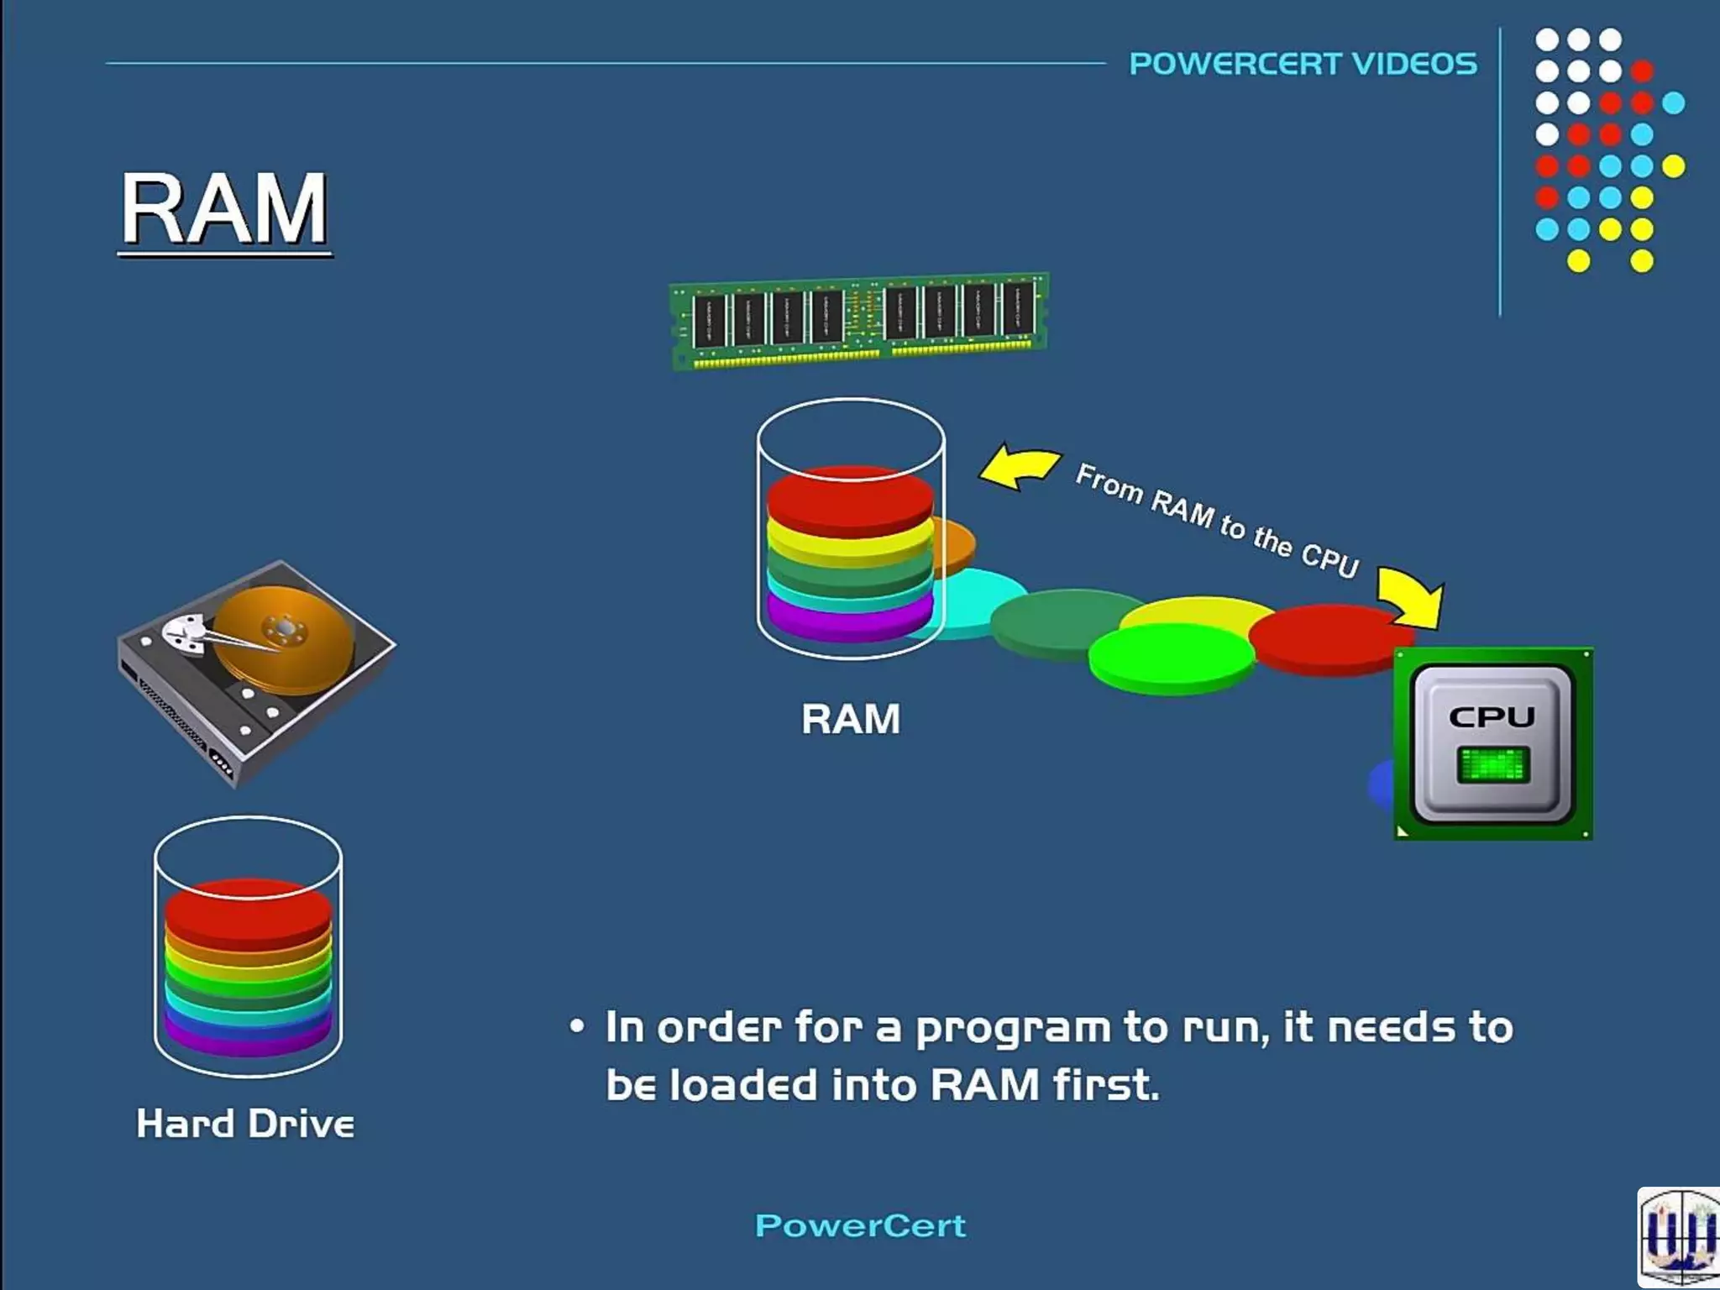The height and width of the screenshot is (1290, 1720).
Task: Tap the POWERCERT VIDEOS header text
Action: [1303, 64]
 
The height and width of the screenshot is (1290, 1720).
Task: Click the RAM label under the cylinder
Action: [850, 719]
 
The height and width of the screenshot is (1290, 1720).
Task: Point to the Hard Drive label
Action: [245, 1124]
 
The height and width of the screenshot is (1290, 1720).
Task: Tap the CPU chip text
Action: [1492, 716]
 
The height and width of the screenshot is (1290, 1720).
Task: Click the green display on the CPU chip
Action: [1492, 763]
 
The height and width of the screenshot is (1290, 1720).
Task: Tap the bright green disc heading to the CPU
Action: [1171, 658]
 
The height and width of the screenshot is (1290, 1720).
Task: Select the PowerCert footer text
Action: [860, 1225]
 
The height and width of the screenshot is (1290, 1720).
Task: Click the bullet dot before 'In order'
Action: [576, 1026]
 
